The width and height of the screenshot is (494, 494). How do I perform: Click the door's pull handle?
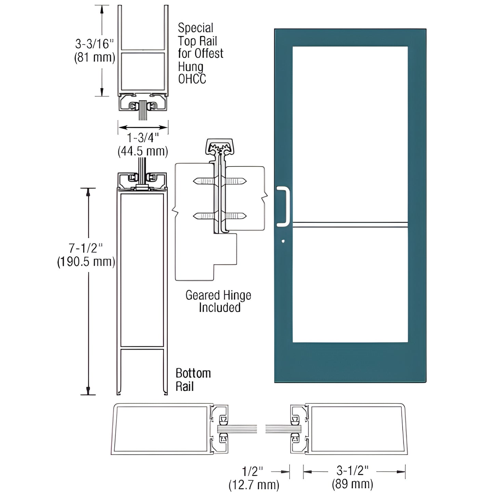(283, 206)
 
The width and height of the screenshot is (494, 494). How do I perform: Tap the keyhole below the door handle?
(283, 241)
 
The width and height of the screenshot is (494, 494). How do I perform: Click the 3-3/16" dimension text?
(94, 44)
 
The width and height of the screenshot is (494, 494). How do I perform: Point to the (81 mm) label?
(95, 57)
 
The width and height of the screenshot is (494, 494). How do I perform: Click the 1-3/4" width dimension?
(143, 138)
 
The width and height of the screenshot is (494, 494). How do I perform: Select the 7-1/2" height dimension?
(86, 248)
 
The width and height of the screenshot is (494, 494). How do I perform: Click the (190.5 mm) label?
(86, 262)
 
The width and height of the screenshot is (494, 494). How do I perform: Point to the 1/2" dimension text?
(253, 471)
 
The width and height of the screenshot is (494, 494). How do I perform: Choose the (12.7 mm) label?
(254, 484)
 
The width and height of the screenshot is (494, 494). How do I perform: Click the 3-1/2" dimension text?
(352, 471)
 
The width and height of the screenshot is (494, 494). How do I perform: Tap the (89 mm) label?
(352, 484)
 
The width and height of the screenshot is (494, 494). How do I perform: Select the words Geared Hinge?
(218, 295)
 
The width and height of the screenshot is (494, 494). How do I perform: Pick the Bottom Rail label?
(193, 379)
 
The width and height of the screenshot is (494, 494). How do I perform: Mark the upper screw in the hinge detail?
(219, 181)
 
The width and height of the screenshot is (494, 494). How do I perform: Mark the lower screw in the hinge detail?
(219, 216)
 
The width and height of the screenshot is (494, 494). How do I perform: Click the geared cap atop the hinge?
(219, 146)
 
